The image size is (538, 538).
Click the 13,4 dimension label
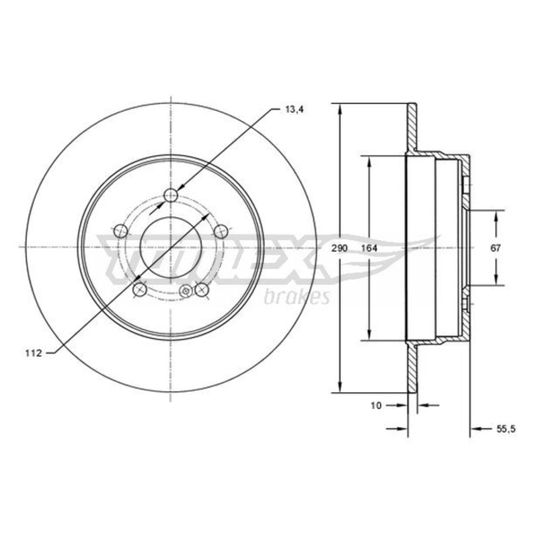coord(295,110)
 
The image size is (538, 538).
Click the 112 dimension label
coord(33,353)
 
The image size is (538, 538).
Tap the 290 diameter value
coord(340,248)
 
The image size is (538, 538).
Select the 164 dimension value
coord(369,248)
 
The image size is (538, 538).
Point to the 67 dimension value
coord(496,248)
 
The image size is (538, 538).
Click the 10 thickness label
coord(376,406)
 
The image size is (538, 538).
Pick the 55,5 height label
coord(506,428)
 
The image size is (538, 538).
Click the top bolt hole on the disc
coord(171,196)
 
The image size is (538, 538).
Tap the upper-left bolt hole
coord(120,231)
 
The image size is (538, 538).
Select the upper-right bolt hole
coord(221,231)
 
